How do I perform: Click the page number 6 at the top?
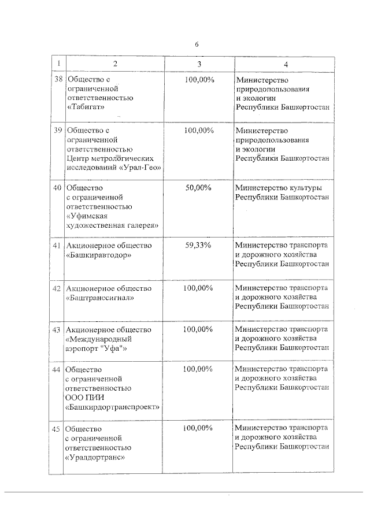[x=196, y=44]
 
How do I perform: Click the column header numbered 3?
[x=199, y=63]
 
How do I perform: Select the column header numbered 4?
[x=284, y=63]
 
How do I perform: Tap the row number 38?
[x=58, y=79]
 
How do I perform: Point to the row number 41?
[x=58, y=246]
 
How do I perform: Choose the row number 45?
[x=57, y=428]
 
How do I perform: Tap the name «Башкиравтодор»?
[x=99, y=255]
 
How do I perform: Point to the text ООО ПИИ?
[x=85, y=397]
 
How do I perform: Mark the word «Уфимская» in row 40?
[x=87, y=216]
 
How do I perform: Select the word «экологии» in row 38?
[x=260, y=98]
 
